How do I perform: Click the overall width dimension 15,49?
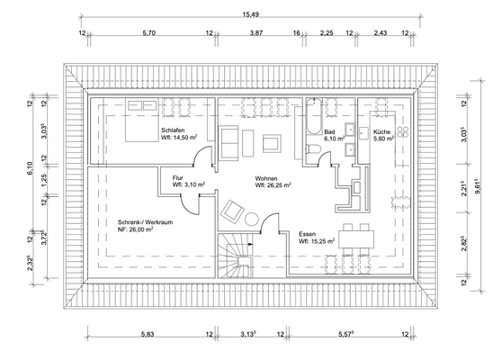(251, 14)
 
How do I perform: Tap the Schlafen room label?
(173, 130)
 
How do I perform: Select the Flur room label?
(178, 178)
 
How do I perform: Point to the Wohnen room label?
(266, 178)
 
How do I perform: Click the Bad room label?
(329, 131)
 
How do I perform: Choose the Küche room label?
(381, 131)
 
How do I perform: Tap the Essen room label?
(308, 234)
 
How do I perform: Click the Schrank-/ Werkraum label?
(146, 222)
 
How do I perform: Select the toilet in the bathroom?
(314, 149)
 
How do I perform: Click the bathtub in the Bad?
(314, 116)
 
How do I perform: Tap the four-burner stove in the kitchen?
(403, 131)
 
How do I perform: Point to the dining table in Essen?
(356, 238)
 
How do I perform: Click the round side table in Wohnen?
(252, 219)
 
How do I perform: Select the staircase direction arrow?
(250, 245)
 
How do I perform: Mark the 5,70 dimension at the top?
(148, 32)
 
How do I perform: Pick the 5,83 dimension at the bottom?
(148, 335)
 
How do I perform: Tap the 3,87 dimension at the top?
(256, 32)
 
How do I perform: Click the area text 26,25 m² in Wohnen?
(273, 184)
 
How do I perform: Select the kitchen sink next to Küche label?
(363, 133)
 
